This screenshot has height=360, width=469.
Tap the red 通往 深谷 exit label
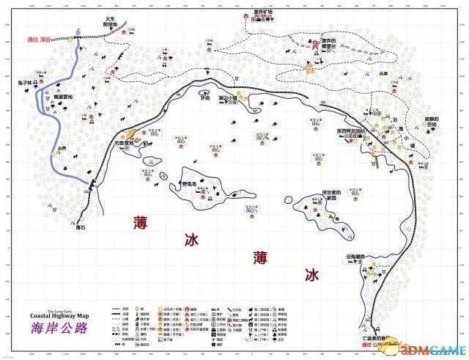click(41, 39)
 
